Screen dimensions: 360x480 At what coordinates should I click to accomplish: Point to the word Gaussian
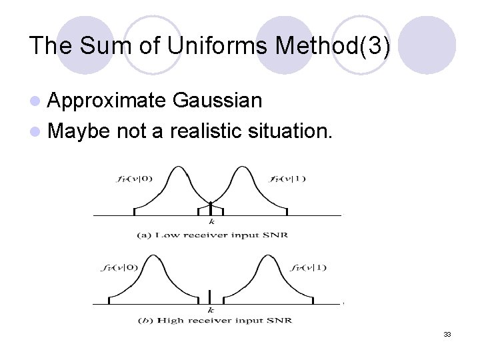click(217, 101)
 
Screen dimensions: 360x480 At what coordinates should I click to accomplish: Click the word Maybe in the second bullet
click(79, 131)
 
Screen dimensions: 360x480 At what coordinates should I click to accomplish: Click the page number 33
click(447, 334)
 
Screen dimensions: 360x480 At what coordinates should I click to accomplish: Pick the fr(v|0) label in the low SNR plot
click(133, 178)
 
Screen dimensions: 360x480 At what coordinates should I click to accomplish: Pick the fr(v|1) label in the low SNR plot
click(288, 178)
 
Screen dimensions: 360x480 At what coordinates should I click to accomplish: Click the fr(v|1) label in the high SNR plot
click(309, 267)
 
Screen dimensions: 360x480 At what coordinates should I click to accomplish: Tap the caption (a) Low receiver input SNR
click(212, 235)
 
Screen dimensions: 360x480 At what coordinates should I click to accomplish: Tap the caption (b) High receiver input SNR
click(214, 321)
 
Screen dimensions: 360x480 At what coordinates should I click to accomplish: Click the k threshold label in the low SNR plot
click(211, 222)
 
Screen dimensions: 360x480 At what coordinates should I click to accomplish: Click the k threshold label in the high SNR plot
click(211, 310)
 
